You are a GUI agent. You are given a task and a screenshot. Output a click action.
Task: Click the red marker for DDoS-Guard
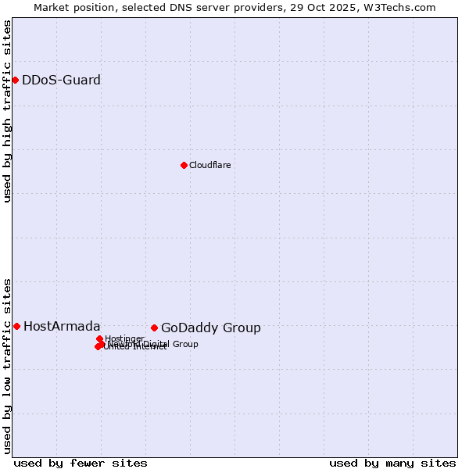[15, 80]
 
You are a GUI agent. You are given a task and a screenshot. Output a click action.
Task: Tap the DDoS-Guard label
[61, 81]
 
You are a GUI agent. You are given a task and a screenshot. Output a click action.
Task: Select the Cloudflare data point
[184, 165]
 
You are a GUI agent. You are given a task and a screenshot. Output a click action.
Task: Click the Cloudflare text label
[209, 165]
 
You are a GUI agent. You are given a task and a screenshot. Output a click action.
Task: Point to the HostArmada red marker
[16, 326]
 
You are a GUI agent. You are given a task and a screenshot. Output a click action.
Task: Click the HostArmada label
[62, 327]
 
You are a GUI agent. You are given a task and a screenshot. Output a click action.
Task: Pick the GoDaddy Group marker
[154, 328]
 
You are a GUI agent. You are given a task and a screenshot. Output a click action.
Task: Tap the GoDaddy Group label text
[210, 328]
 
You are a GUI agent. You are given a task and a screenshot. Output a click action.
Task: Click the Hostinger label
[124, 338]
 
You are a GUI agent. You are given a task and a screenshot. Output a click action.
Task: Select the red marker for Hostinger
[99, 338]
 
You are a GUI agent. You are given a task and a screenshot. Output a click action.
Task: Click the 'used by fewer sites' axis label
[81, 463]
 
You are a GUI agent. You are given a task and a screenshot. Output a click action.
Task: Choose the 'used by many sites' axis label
[392, 463]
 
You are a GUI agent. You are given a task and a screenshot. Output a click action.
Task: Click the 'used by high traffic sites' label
[8, 112]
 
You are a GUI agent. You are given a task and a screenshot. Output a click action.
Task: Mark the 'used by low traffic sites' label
[8, 365]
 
